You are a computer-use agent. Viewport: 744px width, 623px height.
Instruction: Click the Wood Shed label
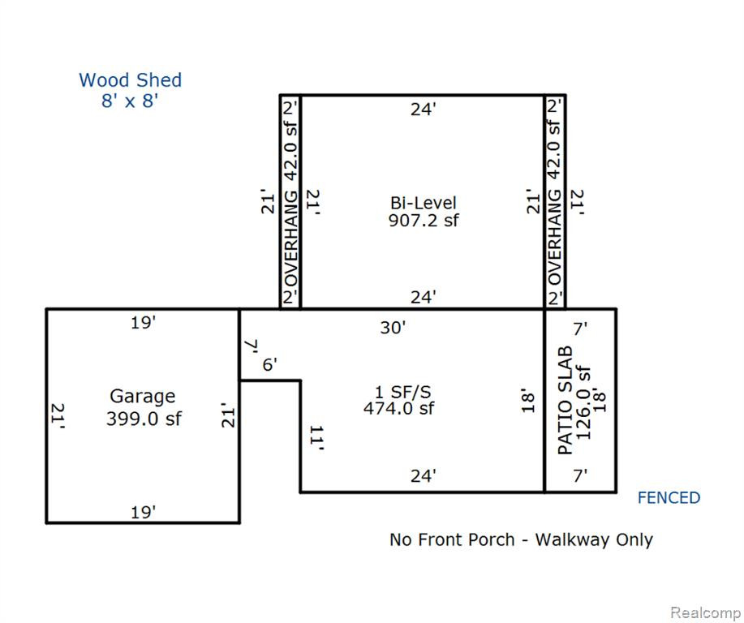[130, 80]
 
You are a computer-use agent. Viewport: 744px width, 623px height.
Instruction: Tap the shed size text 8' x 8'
[130, 101]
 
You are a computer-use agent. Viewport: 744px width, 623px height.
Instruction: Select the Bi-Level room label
[424, 203]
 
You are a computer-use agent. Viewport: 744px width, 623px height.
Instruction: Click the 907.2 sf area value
[424, 220]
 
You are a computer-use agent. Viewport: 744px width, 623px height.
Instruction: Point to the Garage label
[142, 396]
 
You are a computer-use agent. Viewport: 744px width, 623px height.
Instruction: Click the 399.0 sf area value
[144, 419]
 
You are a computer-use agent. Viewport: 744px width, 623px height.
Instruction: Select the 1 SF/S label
[403, 392]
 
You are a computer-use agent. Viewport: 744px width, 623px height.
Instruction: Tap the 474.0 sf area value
[398, 408]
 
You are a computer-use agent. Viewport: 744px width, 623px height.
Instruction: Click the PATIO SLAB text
[566, 401]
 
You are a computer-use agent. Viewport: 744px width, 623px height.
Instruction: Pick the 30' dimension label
[393, 328]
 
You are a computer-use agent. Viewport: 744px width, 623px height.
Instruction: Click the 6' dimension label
[270, 365]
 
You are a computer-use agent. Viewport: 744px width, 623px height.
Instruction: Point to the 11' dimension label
[317, 438]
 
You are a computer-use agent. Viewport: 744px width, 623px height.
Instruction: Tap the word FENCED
[669, 498]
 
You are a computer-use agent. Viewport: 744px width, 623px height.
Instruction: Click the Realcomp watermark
[706, 612]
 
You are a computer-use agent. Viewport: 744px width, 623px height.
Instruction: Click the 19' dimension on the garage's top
[144, 323]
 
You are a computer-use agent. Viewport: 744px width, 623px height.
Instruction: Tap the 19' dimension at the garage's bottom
[144, 513]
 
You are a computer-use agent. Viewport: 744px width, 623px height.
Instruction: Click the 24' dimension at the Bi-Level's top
[424, 110]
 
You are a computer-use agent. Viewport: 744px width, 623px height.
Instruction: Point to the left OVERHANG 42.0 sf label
[290, 202]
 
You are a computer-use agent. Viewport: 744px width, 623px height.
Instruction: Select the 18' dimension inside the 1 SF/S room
[528, 402]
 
